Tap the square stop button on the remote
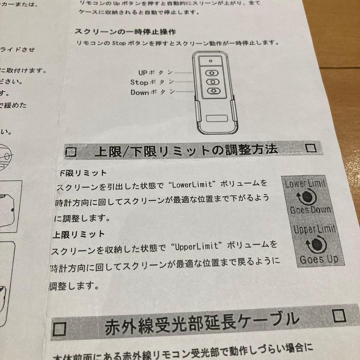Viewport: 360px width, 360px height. [x=212, y=82]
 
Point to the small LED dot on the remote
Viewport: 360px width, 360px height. [x=211, y=61]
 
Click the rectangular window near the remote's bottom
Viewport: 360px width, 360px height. [x=216, y=118]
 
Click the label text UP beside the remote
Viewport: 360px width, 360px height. [x=143, y=72]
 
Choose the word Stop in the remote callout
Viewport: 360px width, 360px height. [x=138, y=82]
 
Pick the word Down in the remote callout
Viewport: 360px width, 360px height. [x=139, y=92]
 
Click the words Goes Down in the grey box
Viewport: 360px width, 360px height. [x=310, y=210]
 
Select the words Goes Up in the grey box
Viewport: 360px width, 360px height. [x=318, y=259]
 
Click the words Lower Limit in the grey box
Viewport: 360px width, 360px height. [x=305, y=184]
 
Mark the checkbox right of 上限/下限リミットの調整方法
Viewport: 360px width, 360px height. [x=311, y=148]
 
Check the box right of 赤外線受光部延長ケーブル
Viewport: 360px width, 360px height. [x=339, y=315]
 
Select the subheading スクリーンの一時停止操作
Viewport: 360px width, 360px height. [x=125, y=32]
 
